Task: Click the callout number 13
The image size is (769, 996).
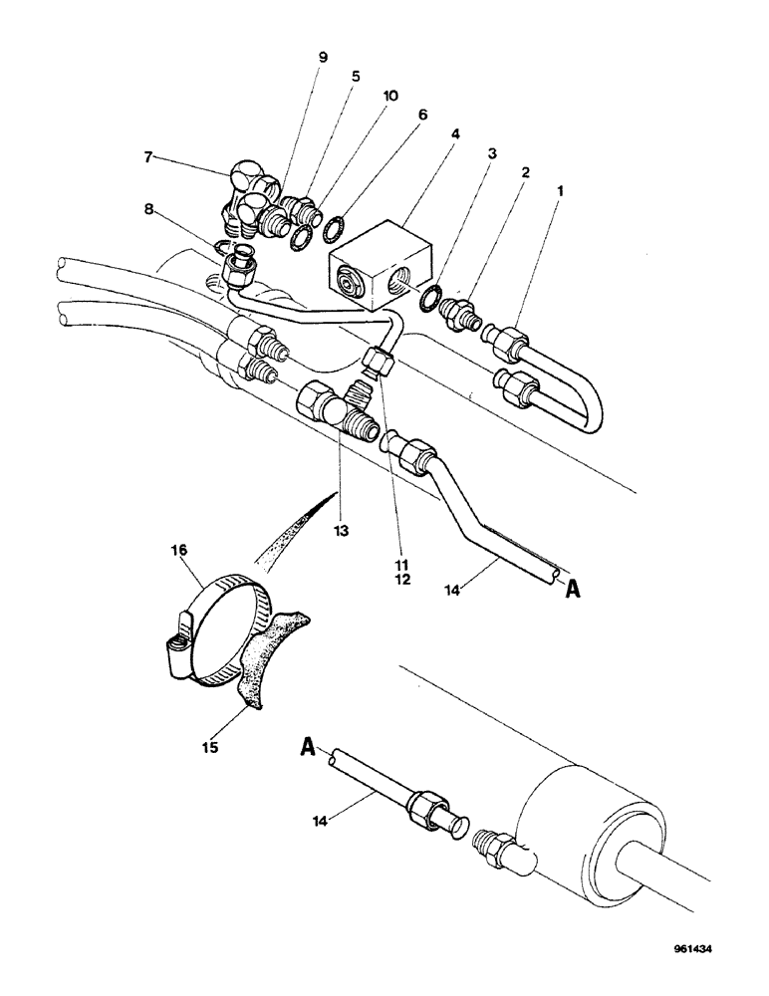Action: tap(341, 532)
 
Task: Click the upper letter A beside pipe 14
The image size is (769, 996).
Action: tap(574, 588)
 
